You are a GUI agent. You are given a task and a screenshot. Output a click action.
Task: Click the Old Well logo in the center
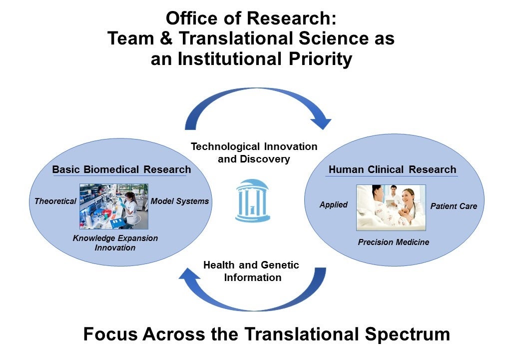(253, 200)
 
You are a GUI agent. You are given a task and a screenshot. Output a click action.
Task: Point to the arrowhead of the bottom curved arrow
(190, 275)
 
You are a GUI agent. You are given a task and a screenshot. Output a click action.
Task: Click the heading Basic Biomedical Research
(121, 169)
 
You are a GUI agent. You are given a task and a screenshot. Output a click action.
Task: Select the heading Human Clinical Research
(392, 169)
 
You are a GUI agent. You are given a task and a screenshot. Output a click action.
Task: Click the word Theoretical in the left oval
(55, 201)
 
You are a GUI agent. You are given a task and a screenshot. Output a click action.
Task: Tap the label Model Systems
(180, 201)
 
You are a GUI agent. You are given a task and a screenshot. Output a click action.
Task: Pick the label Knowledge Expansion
(115, 238)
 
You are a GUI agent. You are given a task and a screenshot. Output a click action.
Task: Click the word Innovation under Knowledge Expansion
(115, 248)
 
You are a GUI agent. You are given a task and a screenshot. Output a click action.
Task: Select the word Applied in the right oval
(333, 205)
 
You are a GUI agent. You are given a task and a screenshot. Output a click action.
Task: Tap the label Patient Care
(454, 206)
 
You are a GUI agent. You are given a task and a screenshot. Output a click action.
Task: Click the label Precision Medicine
(394, 242)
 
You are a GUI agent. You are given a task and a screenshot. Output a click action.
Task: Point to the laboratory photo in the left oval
(114, 206)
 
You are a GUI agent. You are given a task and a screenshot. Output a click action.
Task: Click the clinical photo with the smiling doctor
(391, 207)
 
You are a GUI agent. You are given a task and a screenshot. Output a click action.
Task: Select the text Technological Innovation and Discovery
(254, 152)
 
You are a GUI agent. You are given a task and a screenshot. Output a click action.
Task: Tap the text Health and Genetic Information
(251, 271)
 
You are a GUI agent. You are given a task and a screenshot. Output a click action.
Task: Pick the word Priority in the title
(321, 59)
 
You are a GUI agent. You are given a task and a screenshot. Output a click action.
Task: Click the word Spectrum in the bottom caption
(407, 334)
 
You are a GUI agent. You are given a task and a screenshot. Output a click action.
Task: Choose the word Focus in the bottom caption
(110, 334)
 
